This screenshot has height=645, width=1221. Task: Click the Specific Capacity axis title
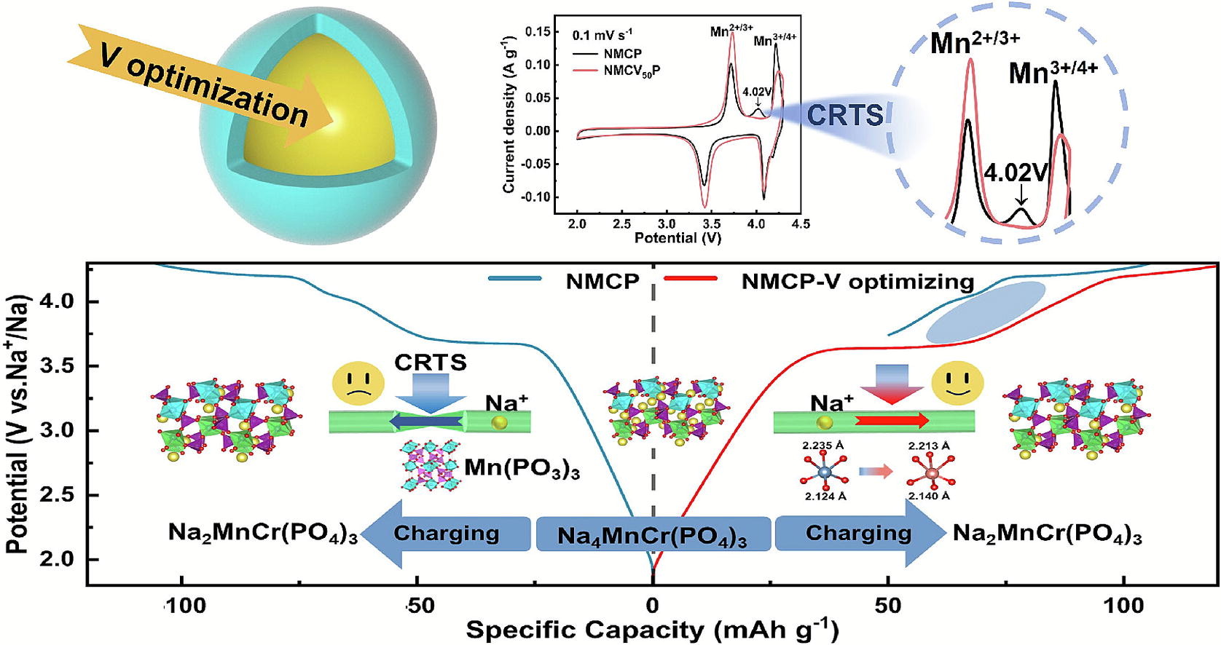(652, 629)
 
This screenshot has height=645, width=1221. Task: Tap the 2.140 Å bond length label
(927, 496)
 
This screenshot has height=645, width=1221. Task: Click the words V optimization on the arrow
(204, 90)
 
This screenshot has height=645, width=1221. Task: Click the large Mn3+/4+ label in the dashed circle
(1053, 73)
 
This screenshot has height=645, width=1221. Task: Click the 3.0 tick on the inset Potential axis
(667, 223)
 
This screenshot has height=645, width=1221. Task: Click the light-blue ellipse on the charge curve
(986, 313)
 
